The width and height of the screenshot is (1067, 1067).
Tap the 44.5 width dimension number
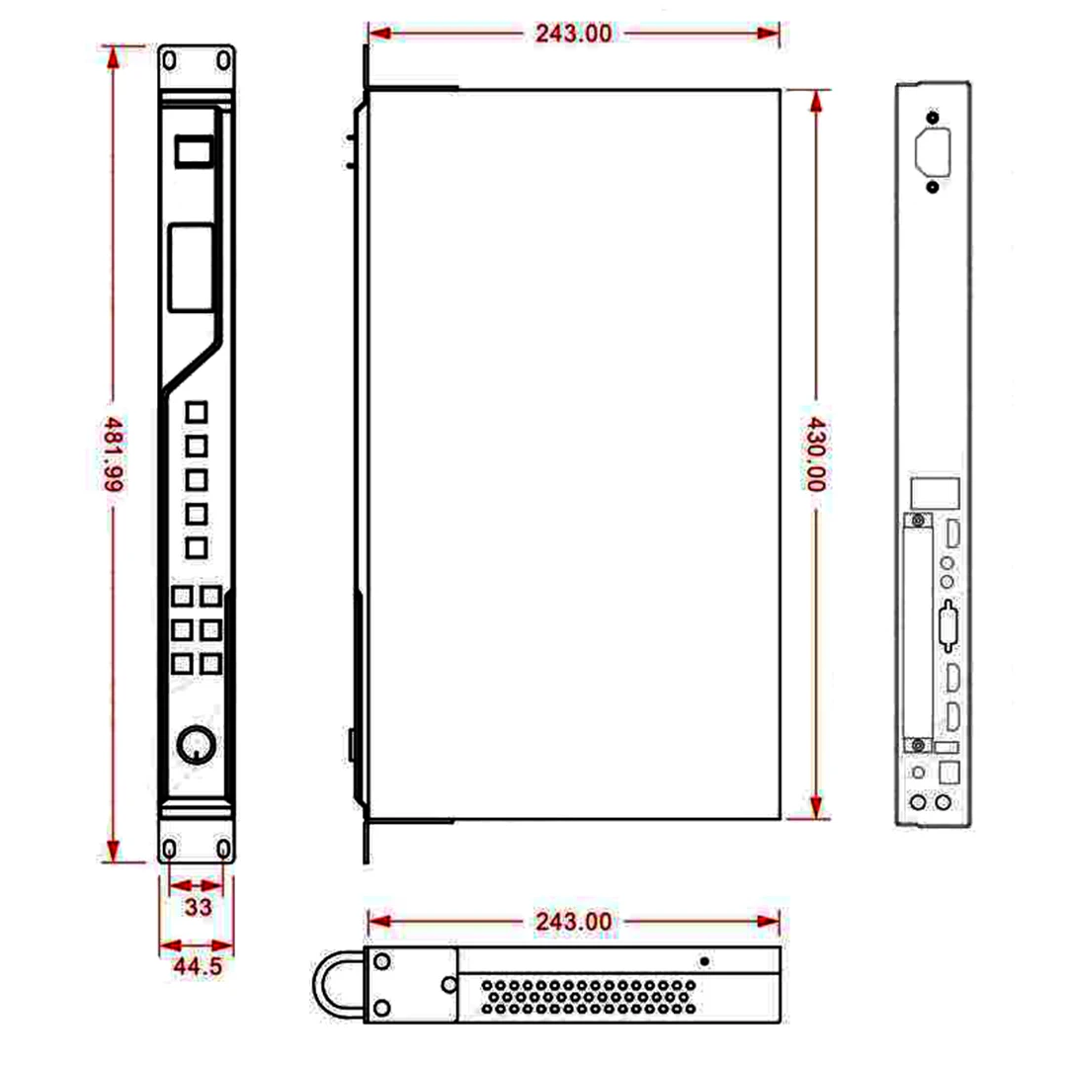pos(197,967)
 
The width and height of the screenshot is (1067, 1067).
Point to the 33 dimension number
pos(198,907)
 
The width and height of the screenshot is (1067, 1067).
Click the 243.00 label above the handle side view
pos(574,922)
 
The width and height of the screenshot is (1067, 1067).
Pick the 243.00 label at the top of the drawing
pos(574,34)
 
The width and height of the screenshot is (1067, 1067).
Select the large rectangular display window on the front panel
pos(190,267)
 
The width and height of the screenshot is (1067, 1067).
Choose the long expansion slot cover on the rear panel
pos(919,632)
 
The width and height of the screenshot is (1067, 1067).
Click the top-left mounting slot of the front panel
pos(170,60)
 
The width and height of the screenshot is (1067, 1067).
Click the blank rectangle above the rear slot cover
pos(934,493)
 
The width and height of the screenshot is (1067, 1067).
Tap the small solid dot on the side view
pos(703,960)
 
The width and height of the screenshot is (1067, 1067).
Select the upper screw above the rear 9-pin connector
pos(933,117)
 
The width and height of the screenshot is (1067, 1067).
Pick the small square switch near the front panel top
pos(192,152)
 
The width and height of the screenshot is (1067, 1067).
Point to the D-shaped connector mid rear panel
pos(948,625)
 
